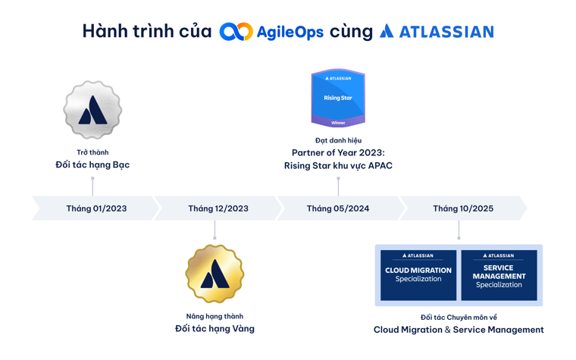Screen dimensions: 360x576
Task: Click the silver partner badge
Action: point(92,110)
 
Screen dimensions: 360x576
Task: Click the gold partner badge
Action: point(214,274)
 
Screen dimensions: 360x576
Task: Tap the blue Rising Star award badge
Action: point(338,97)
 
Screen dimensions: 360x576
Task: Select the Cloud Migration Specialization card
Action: point(418,274)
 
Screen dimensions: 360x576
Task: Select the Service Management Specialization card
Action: point(499,274)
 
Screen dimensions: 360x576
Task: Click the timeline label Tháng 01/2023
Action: point(96,208)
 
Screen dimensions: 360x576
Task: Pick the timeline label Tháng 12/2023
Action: point(218,208)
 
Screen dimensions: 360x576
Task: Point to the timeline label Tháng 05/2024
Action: point(338,208)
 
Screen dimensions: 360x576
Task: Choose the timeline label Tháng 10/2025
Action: point(462,208)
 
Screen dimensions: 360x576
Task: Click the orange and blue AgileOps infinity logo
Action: point(236,32)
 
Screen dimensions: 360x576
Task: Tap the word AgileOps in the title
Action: point(290,33)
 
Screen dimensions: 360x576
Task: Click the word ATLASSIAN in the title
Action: point(446,32)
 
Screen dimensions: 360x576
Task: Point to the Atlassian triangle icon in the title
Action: point(387,31)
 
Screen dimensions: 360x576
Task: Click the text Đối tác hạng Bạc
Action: point(92,165)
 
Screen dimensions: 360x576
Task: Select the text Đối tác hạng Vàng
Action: point(214,329)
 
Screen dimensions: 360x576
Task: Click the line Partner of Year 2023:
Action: point(338,152)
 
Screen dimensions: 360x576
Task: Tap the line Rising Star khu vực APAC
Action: point(338,165)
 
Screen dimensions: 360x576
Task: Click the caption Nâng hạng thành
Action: point(214,316)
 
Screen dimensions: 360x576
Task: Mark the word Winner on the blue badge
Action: point(338,122)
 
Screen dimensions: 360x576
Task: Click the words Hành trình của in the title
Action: point(146,32)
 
